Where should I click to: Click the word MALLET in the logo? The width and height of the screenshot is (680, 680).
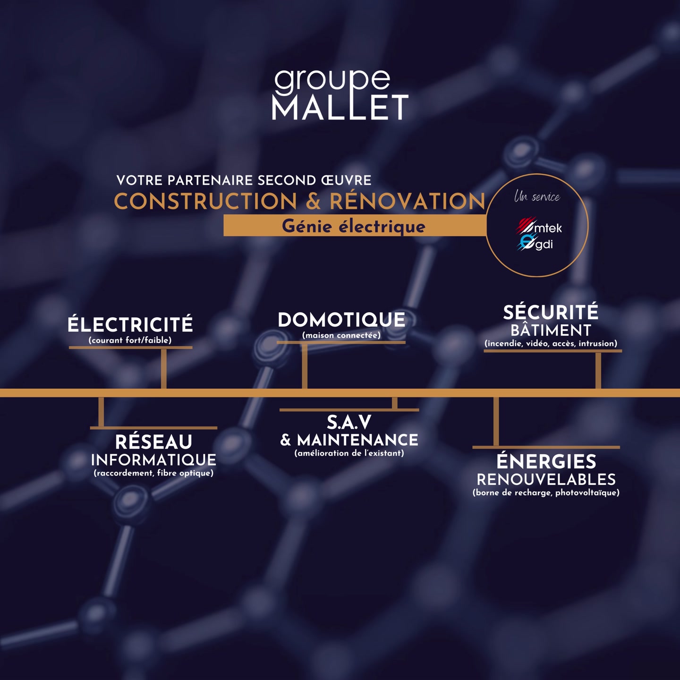click(340, 107)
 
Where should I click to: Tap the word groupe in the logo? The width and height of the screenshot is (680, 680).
click(332, 82)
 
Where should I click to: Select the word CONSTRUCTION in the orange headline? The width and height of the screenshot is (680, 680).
click(205, 202)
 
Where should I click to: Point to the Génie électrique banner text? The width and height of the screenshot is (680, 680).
click(354, 226)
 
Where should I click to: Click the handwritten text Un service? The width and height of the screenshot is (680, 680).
click(537, 196)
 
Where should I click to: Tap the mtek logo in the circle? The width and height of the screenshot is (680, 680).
click(539, 226)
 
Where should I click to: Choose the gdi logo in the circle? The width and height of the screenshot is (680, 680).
click(535, 243)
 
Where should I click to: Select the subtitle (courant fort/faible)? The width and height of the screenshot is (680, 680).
click(130, 340)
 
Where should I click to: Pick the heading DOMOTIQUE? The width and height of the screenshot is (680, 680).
click(341, 320)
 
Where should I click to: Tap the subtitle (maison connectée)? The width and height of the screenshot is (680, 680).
click(341, 335)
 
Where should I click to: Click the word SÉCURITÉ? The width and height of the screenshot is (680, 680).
click(551, 312)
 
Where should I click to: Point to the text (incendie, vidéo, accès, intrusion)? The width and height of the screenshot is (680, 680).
click(551, 343)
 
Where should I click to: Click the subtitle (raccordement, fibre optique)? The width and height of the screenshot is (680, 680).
click(153, 473)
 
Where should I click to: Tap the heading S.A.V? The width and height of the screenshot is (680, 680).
click(349, 422)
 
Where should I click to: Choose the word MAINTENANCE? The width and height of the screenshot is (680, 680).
click(357, 440)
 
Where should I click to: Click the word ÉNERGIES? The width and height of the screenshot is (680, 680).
click(546, 461)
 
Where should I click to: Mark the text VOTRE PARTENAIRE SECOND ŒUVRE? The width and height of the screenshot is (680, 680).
click(244, 180)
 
